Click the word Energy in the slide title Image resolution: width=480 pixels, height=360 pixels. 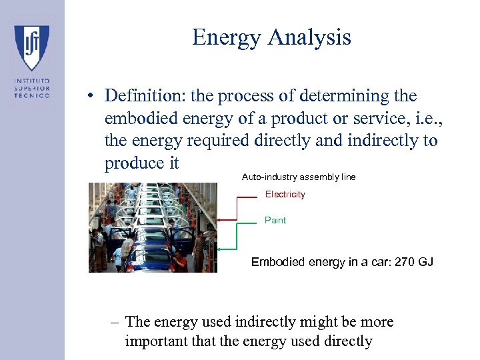click(225, 38)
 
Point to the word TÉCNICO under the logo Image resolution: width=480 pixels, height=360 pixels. click(32, 95)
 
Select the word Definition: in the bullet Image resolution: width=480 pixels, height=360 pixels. click(145, 96)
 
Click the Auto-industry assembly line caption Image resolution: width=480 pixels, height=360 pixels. click(299, 177)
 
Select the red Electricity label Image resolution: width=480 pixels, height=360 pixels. click(285, 195)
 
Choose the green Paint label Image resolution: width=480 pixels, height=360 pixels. click(275, 220)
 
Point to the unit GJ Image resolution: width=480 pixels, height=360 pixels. click(426, 262)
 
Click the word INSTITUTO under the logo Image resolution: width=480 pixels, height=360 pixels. click(31, 81)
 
